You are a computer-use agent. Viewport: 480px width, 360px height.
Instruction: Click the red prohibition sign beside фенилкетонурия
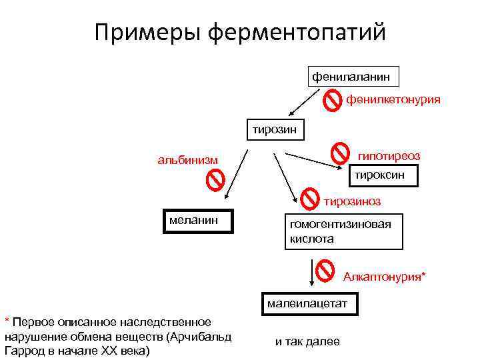point(332,101)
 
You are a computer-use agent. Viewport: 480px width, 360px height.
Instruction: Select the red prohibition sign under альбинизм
point(215,180)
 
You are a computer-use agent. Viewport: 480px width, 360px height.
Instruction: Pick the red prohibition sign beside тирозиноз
point(309,198)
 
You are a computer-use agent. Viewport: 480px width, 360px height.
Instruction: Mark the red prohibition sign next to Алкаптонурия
point(325,270)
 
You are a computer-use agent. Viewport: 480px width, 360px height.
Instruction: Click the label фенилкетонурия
point(393,100)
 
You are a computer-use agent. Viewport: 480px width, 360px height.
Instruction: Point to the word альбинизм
point(187,160)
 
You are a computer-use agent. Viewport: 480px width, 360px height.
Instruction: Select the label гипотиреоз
point(389,155)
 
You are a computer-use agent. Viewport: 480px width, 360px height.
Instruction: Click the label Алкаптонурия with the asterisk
point(385,276)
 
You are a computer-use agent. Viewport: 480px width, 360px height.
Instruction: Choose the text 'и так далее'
point(307,342)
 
